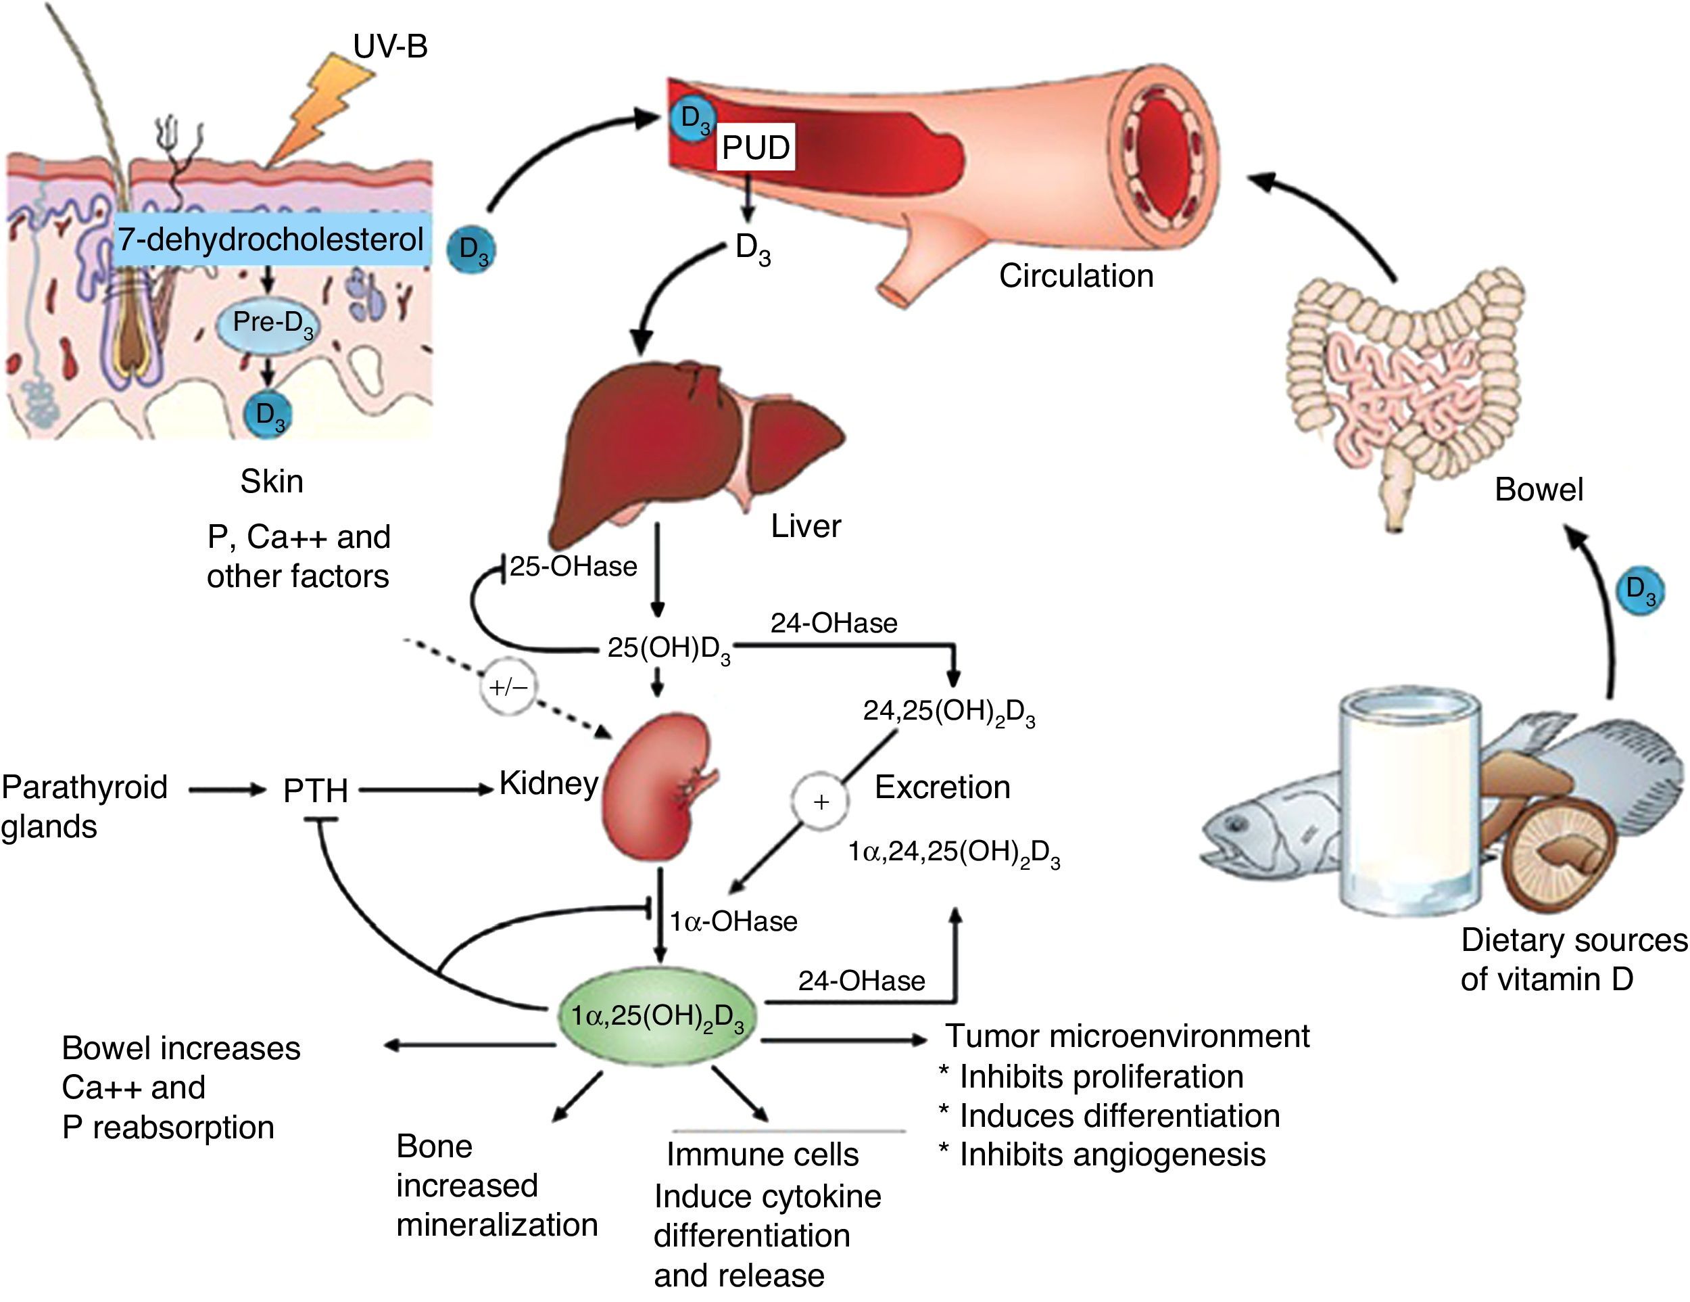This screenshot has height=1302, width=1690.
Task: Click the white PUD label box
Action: tap(755, 147)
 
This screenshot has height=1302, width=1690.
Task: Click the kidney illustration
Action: tap(658, 786)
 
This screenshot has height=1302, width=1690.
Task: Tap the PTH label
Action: tap(315, 791)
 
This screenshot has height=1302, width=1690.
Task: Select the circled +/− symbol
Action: tap(508, 687)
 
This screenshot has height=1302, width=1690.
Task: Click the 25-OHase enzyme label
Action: tap(573, 567)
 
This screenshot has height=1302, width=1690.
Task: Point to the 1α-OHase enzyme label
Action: tap(733, 921)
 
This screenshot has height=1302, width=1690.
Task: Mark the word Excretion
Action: tap(942, 787)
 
